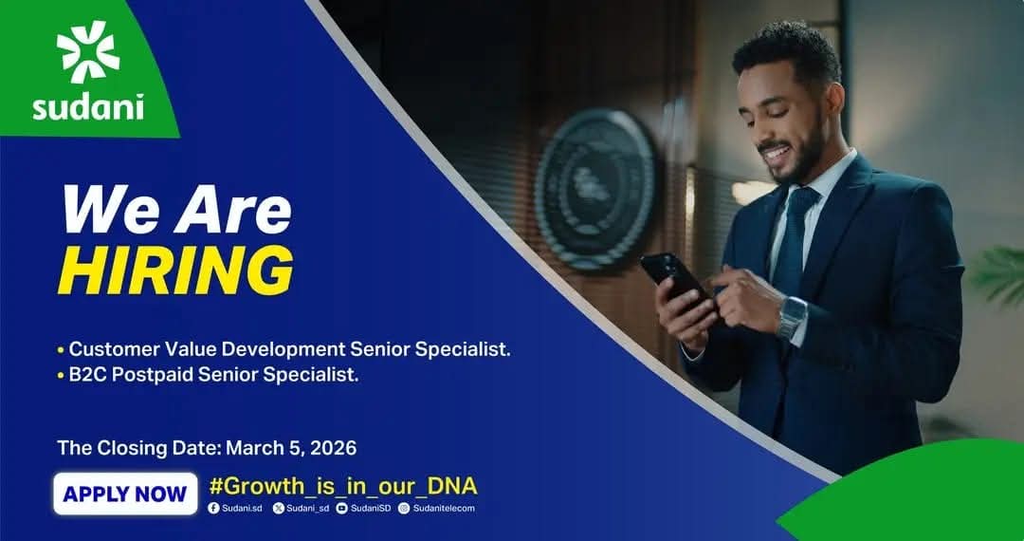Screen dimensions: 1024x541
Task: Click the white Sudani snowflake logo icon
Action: click(x=88, y=52)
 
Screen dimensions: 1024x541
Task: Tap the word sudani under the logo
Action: click(x=88, y=107)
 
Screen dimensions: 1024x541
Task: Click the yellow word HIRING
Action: click(x=175, y=270)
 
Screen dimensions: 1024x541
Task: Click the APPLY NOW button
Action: click(x=125, y=494)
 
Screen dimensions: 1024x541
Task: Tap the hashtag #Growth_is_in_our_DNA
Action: click(x=343, y=486)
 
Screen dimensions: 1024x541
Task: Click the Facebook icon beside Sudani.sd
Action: click(x=213, y=509)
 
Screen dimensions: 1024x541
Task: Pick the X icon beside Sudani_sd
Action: click(x=278, y=509)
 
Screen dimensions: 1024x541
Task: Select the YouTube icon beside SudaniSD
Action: click(x=341, y=509)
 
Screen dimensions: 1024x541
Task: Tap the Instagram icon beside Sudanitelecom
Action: click(x=404, y=509)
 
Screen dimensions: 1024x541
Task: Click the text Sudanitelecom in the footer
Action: click(x=444, y=509)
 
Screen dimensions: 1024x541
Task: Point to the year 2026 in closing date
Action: click(x=334, y=448)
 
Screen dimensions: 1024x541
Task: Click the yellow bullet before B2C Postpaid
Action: click(x=61, y=377)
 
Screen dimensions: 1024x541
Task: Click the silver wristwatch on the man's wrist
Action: click(x=792, y=318)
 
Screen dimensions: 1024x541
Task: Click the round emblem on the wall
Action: click(x=595, y=190)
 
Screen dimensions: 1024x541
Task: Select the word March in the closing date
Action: click(x=251, y=448)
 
